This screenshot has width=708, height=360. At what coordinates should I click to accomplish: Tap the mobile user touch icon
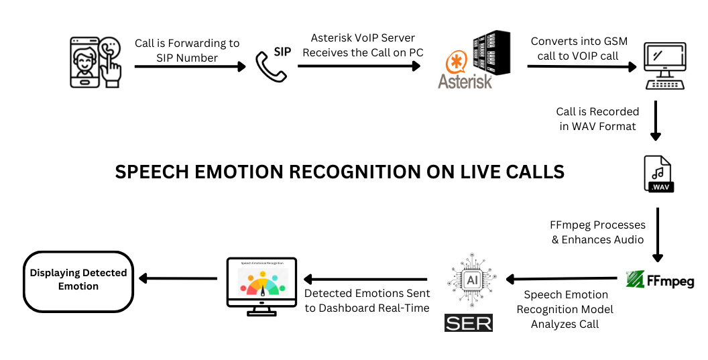(97, 62)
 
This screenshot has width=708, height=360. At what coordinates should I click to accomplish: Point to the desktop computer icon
(664, 66)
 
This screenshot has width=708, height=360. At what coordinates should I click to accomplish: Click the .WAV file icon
(658, 174)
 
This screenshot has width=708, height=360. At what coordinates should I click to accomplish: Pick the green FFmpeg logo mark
(635, 279)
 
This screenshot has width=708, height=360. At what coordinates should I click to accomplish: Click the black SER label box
(468, 322)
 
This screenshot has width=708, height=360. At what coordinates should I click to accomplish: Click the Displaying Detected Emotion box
(78, 281)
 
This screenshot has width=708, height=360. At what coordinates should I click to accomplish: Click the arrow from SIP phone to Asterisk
(359, 66)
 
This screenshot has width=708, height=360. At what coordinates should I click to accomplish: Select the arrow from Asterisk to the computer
(581, 66)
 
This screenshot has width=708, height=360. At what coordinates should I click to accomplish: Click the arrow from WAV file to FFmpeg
(658, 235)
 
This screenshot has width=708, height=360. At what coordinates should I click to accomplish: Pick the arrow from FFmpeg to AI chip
(562, 278)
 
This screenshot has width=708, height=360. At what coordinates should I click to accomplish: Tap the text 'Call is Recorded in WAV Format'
(597, 119)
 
